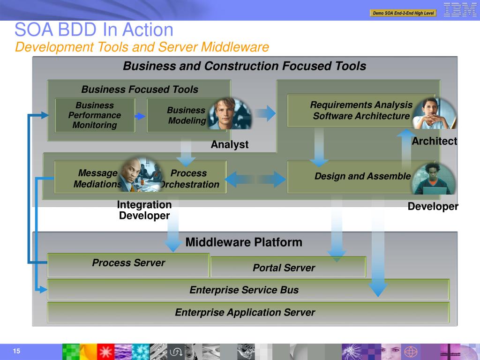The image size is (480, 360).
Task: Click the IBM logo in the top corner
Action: tap(460, 10)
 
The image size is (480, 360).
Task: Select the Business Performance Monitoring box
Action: tap(95, 115)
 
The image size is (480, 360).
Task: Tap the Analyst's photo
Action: tap(230, 114)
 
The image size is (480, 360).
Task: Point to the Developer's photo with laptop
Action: tap(434, 179)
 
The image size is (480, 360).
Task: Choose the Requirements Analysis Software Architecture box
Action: tap(361, 111)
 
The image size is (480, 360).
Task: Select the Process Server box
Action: tap(128, 263)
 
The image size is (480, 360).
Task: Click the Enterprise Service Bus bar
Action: tap(244, 290)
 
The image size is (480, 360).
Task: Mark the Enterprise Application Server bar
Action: tap(245, 313)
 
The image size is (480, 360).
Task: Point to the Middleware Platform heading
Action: tap(244, 242)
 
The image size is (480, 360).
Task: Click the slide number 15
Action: tap(17, 352)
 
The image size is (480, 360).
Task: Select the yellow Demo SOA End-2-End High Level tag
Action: tap(403, 13)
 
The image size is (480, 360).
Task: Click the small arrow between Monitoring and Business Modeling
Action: tap(140, 116)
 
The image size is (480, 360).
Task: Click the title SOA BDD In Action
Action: tap(94, 30)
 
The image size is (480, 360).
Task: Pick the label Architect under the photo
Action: tap(434, 141)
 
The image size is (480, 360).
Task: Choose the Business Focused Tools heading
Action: tap(140, 90)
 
